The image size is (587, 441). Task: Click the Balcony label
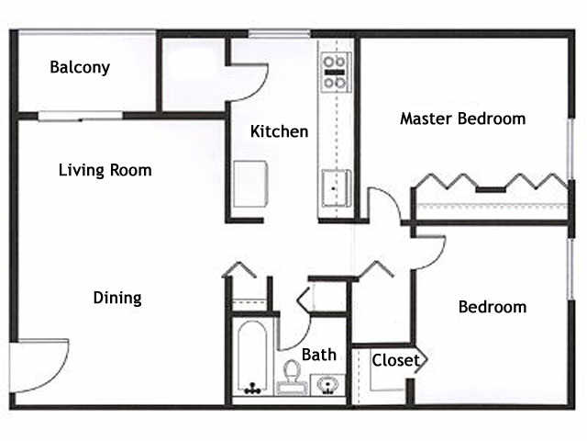point(80,67)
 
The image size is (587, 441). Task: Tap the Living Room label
point(105,170)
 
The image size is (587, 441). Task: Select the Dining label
point(117,298)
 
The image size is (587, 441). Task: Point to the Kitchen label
point(280,131)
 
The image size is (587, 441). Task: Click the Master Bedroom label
point(463,119)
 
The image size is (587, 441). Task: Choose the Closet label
point(395,360)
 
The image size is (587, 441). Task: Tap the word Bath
point(319,355)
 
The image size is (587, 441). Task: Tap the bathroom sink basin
point(327,383)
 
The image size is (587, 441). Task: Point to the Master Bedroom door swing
point(385,207)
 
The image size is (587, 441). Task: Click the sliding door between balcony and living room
point(81,116)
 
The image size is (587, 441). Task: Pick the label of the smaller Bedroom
point(493,307)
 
